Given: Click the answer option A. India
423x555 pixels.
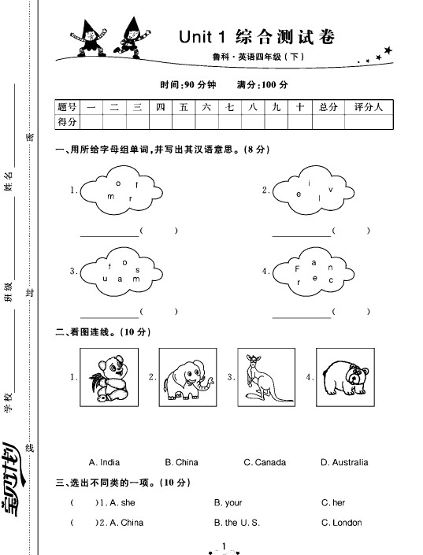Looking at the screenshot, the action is [105, 462].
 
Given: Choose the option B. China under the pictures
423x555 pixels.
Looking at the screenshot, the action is [181, 462].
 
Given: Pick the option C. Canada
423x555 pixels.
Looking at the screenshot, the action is [265, 462].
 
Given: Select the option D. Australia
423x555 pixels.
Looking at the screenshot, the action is [344, 462].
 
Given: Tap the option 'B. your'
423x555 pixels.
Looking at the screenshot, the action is [228, 502].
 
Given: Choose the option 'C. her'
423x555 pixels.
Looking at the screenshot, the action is [333, 502].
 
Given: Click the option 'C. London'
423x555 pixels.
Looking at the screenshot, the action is [341, 523].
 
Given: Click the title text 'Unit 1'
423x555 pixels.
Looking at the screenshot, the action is [203, 36].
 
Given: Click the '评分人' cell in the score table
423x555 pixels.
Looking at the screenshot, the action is [369, 106].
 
